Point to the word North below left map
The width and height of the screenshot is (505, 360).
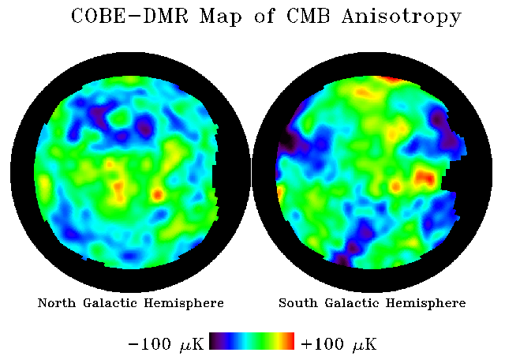click(x=58, y=303)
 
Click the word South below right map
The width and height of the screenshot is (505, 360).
click(x=298, y=303)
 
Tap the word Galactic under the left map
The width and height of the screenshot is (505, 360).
click(x=112, y=303)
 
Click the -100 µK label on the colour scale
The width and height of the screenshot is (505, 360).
click(x=166, y=344)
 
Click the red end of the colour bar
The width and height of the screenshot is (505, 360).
click(x=290, y=341)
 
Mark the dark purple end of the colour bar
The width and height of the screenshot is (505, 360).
click(x=215, y=341)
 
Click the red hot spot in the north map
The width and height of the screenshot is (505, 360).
click(x=157, y=193)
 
